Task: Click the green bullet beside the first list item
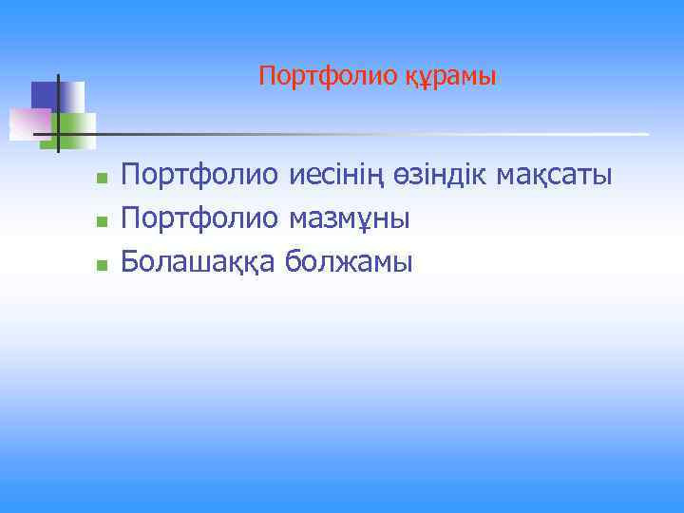(x=100, y=178)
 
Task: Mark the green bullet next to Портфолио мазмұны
(x=100, y=221)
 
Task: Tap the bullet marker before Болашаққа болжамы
(x=100, y=264)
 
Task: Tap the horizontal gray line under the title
(x=380, y=134)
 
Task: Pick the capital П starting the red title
(x=266, y=75)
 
